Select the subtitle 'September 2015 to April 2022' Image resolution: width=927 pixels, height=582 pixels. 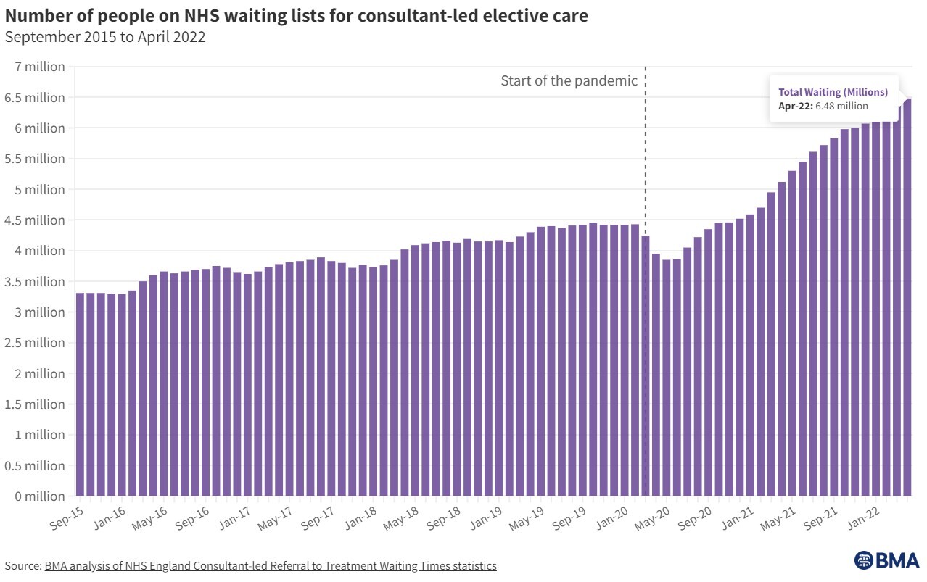coord(105,38)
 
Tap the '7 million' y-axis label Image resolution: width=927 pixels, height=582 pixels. coord(40,67)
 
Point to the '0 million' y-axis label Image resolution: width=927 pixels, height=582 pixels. coord(40,496)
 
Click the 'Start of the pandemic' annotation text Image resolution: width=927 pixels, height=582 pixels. coord(569,81)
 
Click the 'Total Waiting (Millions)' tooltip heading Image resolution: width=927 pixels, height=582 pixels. coord(833,92)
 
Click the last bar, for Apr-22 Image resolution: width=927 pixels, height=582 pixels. coord(907,304)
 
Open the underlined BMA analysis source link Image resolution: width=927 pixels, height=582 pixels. coord(271,565)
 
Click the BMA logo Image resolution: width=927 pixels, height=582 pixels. coord(886,560)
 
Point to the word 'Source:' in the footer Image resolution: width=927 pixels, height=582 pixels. coord(22,565)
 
